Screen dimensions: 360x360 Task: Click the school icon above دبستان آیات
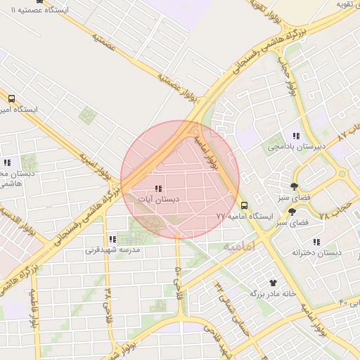tap(157, 188)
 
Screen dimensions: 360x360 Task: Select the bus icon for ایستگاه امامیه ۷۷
tap(244, 205)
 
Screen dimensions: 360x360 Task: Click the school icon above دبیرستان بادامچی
tap(296, 135)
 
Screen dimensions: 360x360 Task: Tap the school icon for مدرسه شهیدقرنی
tap(112, 240)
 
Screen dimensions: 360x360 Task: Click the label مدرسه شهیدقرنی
tap(112, 250)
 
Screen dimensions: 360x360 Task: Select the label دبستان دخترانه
tap(316, 252)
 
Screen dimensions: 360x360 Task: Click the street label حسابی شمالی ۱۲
tap(227, 299)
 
